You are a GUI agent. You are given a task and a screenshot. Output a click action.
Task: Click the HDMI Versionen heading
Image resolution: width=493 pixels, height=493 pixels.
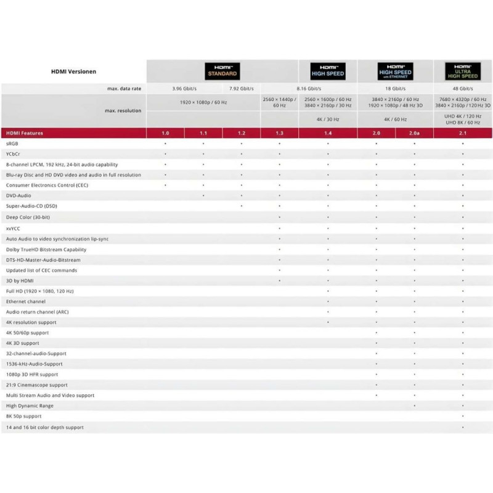pyautogui.click(x=73, y=71)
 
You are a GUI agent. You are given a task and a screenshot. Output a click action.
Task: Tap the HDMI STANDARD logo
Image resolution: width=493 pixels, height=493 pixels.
pyautogui.click(x=222, y=71)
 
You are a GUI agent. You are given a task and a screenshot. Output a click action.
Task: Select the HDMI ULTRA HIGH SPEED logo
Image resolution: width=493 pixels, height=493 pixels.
pyautogui.click(x=462, y=71)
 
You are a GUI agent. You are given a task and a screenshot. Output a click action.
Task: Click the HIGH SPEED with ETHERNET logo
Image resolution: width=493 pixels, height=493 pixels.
pyautogui.click(x=394, y=71)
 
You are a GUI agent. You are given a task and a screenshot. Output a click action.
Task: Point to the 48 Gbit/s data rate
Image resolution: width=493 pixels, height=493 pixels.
pyautogui.click(x=462, y=88)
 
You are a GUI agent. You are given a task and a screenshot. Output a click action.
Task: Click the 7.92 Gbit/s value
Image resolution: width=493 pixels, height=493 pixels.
pyautogui.click(x=242, y=88)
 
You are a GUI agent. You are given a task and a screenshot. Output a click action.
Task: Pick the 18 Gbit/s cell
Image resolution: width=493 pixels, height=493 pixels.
pyautogui.click(x=394, y=88)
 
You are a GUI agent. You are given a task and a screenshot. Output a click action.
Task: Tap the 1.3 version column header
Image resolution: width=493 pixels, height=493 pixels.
pyautogui.click(x=279, y=132)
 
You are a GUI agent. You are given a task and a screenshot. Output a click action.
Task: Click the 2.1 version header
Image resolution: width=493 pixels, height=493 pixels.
pyautogui.click(x=462, y=132)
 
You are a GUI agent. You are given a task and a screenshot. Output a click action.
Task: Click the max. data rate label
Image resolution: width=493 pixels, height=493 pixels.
pyautogui.click(x=123, y=88)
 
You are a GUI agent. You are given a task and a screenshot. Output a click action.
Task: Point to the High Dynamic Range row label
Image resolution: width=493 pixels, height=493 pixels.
pyautogui.click(x=30, y=405)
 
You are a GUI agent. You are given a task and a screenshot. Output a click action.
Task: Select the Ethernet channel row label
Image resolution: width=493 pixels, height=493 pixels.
pyautogui.click(x=26, y=301)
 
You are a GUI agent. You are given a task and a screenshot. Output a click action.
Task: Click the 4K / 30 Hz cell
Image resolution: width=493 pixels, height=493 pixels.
pyautogui.click(x=327, y=119)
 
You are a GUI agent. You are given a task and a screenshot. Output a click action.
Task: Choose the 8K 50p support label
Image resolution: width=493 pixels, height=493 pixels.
pyautogui.click(x=23, y=417)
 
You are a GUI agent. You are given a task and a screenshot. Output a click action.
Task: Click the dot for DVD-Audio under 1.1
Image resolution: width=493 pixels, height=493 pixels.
pyautogui.click(x=203, y=195)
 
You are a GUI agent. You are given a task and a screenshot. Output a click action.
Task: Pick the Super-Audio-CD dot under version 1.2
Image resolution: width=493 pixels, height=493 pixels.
pyautogui.click(x=241, y=206)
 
